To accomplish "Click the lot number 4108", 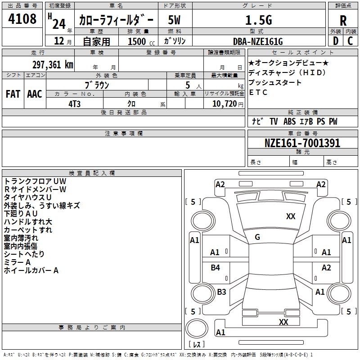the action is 22,18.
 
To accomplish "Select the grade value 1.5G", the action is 259,20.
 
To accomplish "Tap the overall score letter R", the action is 343,21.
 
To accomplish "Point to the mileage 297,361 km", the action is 53,65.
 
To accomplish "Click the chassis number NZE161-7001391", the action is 302,143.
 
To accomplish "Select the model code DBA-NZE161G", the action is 258,41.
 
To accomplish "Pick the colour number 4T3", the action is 74,104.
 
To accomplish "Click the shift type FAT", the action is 13,94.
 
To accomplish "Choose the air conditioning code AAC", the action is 35,94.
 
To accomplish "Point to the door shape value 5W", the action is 174,20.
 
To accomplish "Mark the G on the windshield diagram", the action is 257,237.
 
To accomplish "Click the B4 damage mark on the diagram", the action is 215,267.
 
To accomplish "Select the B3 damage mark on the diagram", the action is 221,292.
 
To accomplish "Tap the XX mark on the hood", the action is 291,216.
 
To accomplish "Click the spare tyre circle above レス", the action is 197,328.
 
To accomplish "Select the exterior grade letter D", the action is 336,41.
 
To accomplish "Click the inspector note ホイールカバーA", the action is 31,270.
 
